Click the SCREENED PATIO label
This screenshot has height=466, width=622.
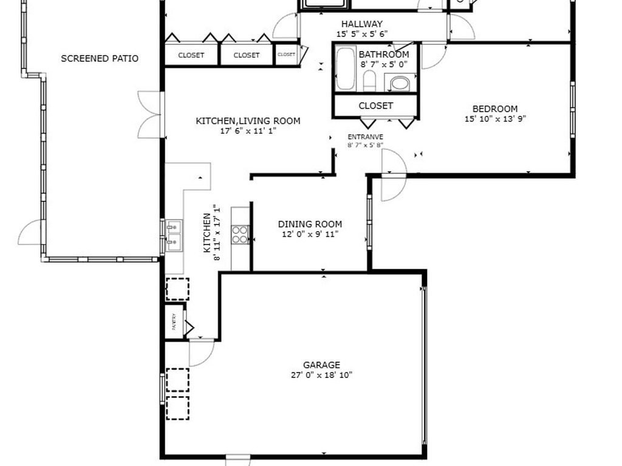click(x=100, y=59)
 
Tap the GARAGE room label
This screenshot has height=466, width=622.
click(x=321, y=365)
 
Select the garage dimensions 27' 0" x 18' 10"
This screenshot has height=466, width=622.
click(x=321, y=375)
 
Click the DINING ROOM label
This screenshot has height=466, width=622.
click(x=310, y=224)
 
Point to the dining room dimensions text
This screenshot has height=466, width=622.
click(x=310, y=234)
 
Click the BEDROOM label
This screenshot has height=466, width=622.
click(x=495, y=109)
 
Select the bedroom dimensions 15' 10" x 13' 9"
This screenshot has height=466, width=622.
click(x=495, y=119)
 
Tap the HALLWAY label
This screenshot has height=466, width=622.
click(x=362, y=24)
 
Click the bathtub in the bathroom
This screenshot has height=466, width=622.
click(x=345, y=69)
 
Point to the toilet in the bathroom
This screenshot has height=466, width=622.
click(x=369, y=81)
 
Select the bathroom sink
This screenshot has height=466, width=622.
click(x=400, y=83)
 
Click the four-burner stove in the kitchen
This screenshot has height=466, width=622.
click(x=240, y=234)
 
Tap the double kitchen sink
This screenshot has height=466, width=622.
click(x=174, y=235)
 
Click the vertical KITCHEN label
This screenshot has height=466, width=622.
click(x=207, y=233)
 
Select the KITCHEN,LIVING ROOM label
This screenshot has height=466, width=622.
click(x=248, y=121)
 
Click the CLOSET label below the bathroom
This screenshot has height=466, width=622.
click(x=375, y=106)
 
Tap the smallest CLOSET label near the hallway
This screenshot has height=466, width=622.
click(x=286, y=55)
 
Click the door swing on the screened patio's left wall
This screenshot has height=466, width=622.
click(x=32, y=233)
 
